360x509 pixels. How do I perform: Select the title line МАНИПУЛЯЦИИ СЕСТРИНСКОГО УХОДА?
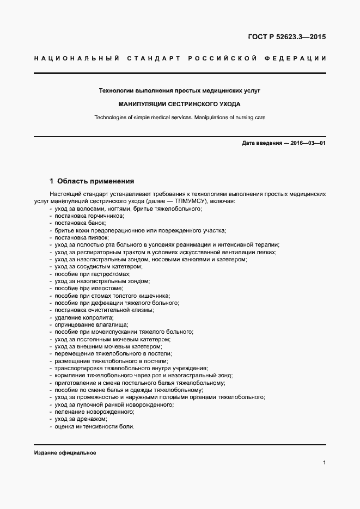tap(180, 103)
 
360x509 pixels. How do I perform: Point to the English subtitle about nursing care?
tap(180, 117)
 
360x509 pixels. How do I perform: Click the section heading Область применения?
tap(95, 181)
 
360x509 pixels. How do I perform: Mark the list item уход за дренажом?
tap(81, 419)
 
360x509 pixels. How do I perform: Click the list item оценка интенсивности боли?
tap(94, 426)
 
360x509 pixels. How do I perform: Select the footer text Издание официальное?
tap(65, 453)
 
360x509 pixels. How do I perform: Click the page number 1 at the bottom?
tap(324, 463)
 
